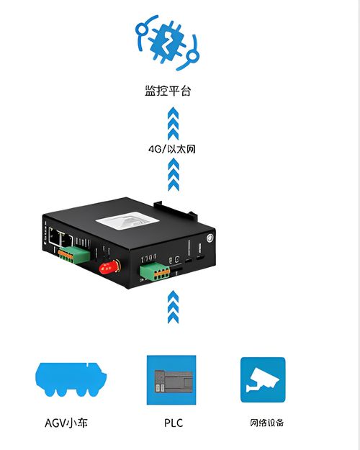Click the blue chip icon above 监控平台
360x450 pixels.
coord(167,42)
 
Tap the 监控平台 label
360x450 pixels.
coord(168,91)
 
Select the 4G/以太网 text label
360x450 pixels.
coord(172,149)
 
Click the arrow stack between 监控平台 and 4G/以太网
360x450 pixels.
coord(173,123)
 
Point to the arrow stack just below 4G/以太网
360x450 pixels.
coord(174,174)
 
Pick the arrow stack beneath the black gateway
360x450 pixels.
coord(173,307)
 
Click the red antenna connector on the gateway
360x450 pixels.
coord(110,267)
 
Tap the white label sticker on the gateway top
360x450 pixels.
coord(127,220)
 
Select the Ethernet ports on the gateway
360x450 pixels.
coord(60,237)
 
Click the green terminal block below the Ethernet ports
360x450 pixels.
coord(73,255)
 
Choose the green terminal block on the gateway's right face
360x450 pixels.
coord(155,271)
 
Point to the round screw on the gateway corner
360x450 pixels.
coord(210,238)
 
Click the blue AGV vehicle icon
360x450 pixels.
coord(71,379)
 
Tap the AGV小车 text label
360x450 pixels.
coord(66,423)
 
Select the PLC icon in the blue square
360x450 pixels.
coord(171,380)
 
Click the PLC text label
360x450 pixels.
coord(174,423)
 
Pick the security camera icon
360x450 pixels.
coord(263,379)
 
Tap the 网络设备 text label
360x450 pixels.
coord(266,423)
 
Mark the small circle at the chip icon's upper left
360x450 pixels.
coord(141,29)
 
